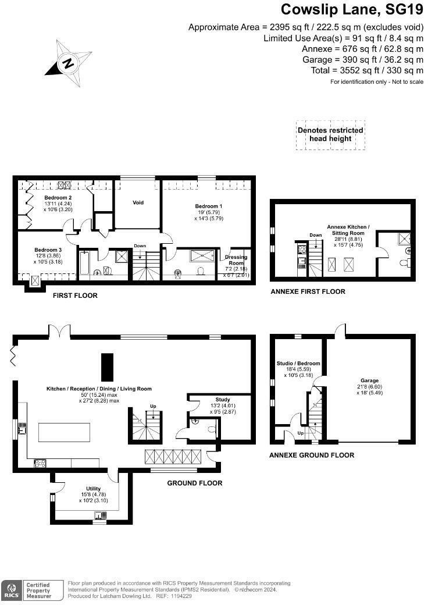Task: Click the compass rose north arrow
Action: (x=69, y=62)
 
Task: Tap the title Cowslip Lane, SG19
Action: (x=352, y=10)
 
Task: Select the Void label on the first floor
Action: (x=138, y=203)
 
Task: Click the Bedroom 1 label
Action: (x=208, y=207)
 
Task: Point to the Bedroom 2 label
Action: (x=58, y=198)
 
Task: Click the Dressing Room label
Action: (x=236, y=260)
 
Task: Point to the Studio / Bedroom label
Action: (x=298, y=364)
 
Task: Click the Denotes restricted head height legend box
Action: (x=330, y=134)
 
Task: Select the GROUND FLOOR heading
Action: (x=194, y=483)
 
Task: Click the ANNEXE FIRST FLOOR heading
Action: (x=308, y=291)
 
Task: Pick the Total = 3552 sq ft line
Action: (x=367, y=70)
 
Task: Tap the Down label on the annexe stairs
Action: (x=315, y=236)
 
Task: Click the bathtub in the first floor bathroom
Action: (x=85, y=265)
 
